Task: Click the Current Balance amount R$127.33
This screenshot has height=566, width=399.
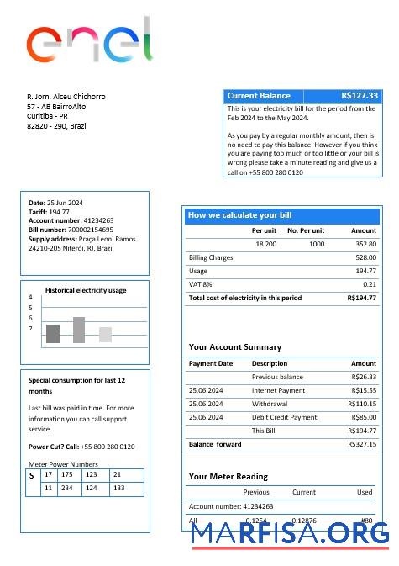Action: [x=360, y=96]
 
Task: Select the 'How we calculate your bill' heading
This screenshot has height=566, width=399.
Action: [x=239, y=215]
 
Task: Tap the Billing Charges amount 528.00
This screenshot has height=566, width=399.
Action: [x=365, y=257]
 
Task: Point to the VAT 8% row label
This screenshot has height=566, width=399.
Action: [x=200, y=284]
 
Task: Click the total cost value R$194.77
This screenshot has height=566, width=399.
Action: [x=361, y=298]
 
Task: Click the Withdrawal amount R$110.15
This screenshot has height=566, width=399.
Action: [x=362, y=404]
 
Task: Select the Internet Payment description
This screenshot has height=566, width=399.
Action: [x=278, y=390]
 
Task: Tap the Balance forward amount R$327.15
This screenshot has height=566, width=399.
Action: [x=362, y=444]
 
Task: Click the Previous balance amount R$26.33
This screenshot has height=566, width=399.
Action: [x=364, y=377]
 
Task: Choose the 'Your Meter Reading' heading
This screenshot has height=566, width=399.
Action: [x=228, y=476]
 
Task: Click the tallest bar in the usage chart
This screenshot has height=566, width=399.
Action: [x=79, y=330]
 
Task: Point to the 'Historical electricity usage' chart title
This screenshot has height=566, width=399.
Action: [x=86, y=290]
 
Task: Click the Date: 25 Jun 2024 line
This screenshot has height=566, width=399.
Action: [x=55, y=203]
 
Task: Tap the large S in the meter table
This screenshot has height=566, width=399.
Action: [x=31, y=476]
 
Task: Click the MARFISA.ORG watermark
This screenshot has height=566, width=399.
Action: [x=290, y=533]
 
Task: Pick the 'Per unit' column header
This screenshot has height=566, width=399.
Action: [x=264, y=230]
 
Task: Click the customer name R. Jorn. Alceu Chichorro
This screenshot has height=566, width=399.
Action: [x=66, y=97]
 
